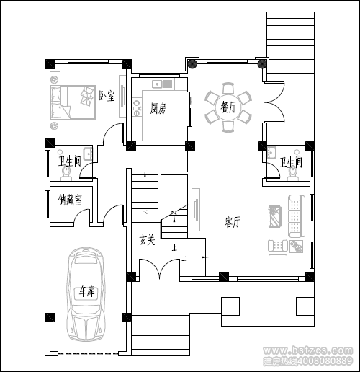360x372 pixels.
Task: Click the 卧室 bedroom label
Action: (x=107, y=96)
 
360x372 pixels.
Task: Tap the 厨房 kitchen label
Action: (x=158, y=108)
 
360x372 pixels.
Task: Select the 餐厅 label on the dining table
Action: (x=228, y=107)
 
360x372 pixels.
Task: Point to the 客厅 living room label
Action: (x=233, y=222)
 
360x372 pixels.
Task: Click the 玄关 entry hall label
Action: (x=147, y=239)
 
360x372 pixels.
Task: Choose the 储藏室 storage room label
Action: (x=70, y=200)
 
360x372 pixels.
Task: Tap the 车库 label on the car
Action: (x=87, y=291)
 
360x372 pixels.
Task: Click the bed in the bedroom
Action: (x=73, y=102)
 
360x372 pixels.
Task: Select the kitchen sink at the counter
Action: (x=161, y=84)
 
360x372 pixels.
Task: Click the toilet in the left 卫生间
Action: (x=66, y=173)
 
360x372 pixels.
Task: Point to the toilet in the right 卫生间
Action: (x=292, y=173)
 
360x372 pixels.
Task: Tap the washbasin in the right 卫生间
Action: (x=271, y=152)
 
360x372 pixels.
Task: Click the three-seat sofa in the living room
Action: (x=297, y=216)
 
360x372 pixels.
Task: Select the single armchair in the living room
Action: (x=278, y=247)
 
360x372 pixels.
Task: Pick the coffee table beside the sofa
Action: (x=275, y=216)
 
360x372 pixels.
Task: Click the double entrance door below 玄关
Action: (x=160, y=269)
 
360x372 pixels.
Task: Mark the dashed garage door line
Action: (x=89, y=353)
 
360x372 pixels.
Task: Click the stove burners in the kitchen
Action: (x=137, y=107)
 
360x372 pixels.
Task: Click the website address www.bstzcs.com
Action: (x=308, y=350)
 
